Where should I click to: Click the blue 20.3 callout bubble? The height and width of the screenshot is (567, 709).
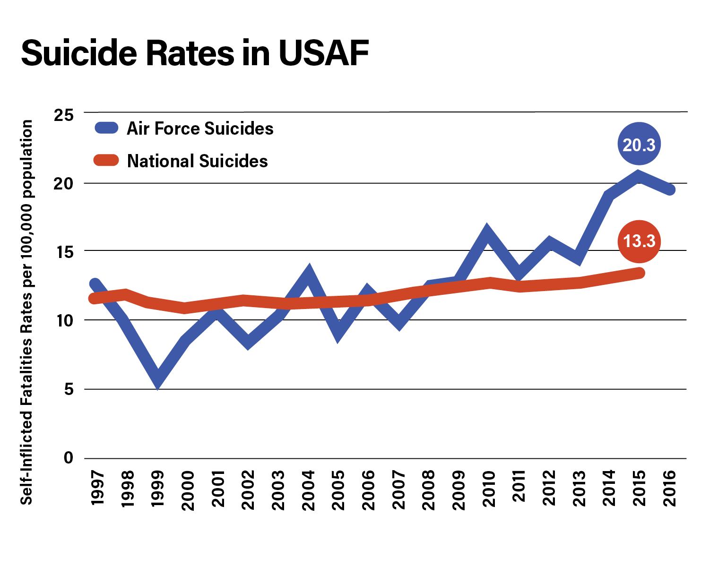click(x=639, y=144)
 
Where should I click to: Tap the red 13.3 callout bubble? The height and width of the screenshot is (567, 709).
click(x=639, y=241)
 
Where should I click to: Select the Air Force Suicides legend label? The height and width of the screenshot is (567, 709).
click(x=200, y=129)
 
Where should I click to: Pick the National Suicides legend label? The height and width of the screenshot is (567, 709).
click(x=197, y=161)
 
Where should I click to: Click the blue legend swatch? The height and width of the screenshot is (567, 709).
click(x=106, y=128)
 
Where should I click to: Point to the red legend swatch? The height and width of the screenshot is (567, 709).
click(x=106, y=161)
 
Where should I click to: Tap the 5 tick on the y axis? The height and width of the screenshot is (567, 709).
click(x=69, y=390)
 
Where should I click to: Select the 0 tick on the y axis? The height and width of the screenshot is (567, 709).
click(x=69, y=458)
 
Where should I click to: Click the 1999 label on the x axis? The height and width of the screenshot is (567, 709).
click(x=157, y=489)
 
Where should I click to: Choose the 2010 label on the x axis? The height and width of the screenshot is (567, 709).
click(x=489, y=489)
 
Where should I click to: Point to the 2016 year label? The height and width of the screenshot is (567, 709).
click(x=670, y=489)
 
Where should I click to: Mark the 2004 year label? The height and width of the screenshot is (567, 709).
click(x=308, y=490)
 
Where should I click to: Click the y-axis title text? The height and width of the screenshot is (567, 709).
click(x=26, y=312)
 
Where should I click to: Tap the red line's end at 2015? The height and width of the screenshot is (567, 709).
click(x=640, y=273)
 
